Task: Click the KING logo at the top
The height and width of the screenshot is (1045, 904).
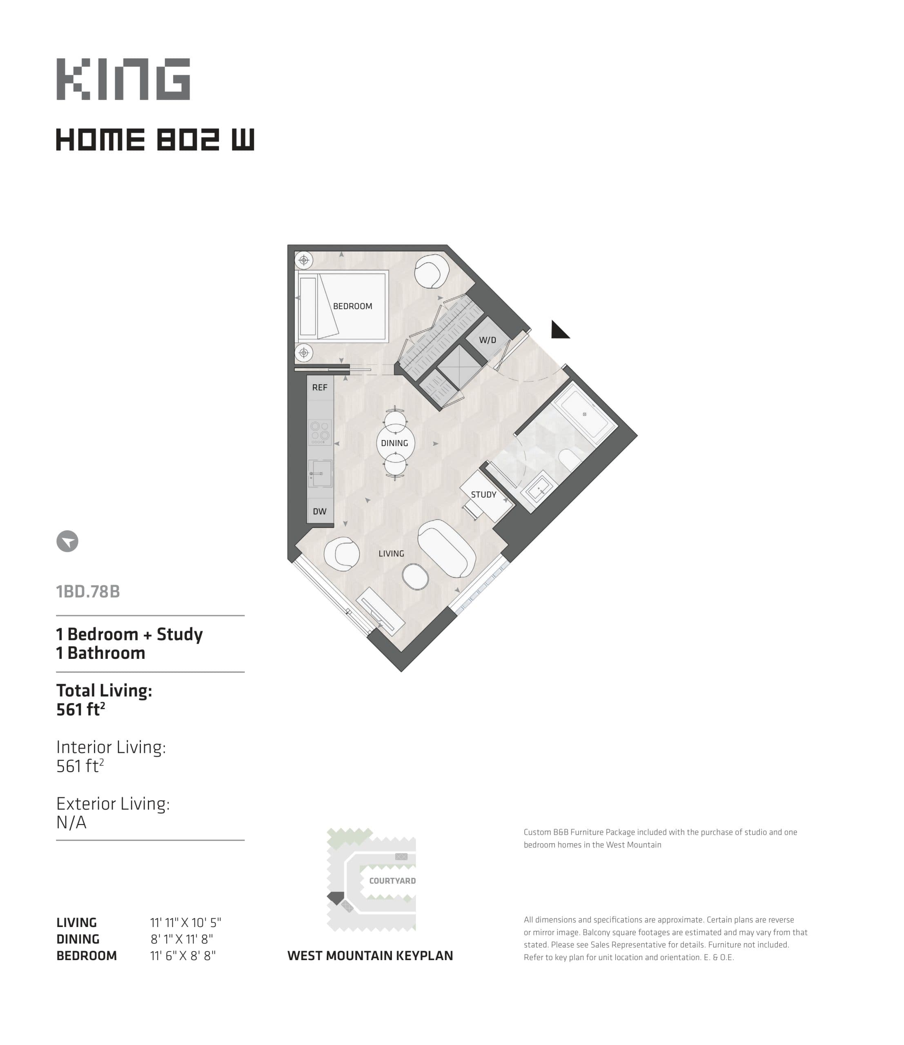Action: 123,79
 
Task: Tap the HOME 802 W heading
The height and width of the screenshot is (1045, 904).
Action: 155,140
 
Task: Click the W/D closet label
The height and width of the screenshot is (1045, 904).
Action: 487,340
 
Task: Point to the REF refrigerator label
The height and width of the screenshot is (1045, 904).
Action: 319,387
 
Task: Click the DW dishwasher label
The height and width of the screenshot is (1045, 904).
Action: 319,511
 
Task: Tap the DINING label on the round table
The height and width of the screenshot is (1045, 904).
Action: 394,443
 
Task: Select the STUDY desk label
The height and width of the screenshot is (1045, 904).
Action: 483,495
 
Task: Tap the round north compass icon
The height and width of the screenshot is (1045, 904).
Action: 67,541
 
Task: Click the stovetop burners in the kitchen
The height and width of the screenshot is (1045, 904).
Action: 320,432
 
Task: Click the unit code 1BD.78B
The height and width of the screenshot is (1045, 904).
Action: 88,591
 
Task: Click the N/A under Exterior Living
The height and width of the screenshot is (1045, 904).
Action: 71,823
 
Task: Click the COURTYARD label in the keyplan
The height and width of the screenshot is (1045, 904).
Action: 392,881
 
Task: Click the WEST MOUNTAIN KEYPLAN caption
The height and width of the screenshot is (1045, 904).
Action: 370,956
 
